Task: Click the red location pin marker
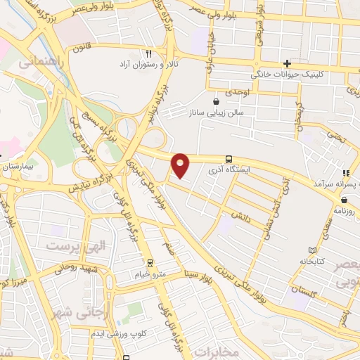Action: coord(181,165)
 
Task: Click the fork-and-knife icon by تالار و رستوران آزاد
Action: coord(148,53)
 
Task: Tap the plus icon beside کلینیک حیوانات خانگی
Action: coord(287,63)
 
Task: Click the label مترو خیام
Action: coord(152,274)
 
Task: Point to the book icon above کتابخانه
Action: coord(312,250)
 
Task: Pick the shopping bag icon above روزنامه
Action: coord(344,200)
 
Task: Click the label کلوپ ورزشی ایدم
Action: coord(121,332)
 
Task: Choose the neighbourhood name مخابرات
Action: coord(216,350)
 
